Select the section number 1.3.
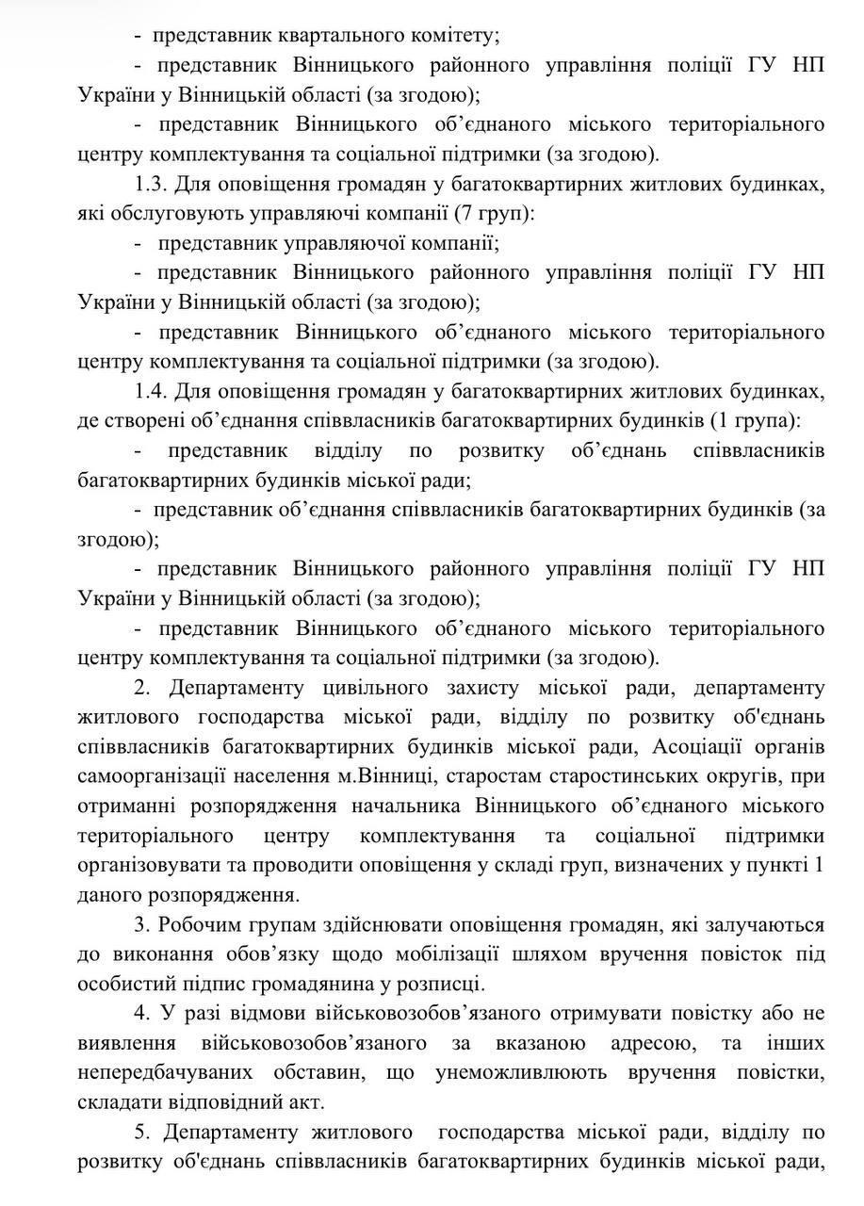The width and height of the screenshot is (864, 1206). click(x=155, y=184)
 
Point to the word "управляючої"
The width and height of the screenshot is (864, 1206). click(x=346, y=244)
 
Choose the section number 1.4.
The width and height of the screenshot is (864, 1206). click(x=155, y=391)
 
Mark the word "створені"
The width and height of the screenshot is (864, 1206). click(x=154, y=421)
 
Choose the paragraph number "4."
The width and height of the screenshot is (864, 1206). click(x=143, y=1014)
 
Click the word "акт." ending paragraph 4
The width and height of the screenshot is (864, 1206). click(x=302, y=1102)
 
